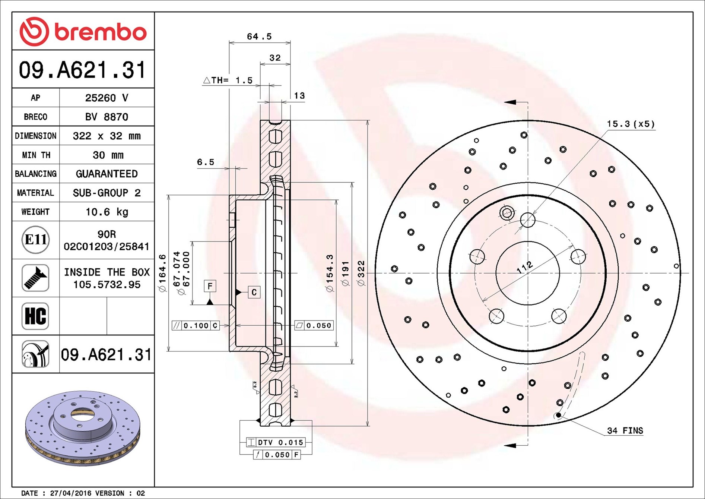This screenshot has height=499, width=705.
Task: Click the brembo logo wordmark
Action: pyautogui.click(x=101, y=32)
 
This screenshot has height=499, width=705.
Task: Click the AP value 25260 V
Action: pyautogui.click(x=107, y=98)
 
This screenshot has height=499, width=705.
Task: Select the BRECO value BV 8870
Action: pyautogui.click(x=107, y=117)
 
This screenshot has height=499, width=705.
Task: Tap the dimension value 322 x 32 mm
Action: pyautogui.click(x=107, y=136)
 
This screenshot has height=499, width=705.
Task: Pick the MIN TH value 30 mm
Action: pyautogui.click(x=108, y=155)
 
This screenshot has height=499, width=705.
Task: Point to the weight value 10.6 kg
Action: pyautogui.click(x=107, y=212)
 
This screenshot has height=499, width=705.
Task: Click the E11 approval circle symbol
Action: pyautogui.click(x=36, y=240)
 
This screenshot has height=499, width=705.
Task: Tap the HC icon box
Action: pyautogui.click(x=35, y=316)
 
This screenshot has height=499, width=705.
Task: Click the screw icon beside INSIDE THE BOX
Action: pyautogui.click(x=35, y=278)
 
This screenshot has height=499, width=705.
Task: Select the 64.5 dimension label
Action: pyautogui.click(x=259, y=37)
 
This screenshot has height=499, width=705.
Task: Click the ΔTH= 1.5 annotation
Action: pyautogui.click(x=228, y=80)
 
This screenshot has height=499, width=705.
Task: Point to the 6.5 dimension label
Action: pyautogui.click(x=206, y=162)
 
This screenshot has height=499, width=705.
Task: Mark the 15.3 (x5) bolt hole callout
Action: pyautogui.click(x=631, y=124)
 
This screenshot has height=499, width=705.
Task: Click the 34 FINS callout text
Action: pyautogui.click(x=625, y=430)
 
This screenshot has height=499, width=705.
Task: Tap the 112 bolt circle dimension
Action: pyautogui.click(x=525, y=268)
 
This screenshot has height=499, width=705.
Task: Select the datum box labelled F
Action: pyautogui.click(x=210, y=286)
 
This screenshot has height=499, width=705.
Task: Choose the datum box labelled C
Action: pyautogui.click(x=254, y=292)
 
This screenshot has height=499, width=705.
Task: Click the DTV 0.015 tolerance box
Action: pyautogui.click(x=276, y=442)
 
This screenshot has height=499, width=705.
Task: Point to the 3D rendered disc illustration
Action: pyautogui.click(x=83, y=428)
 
